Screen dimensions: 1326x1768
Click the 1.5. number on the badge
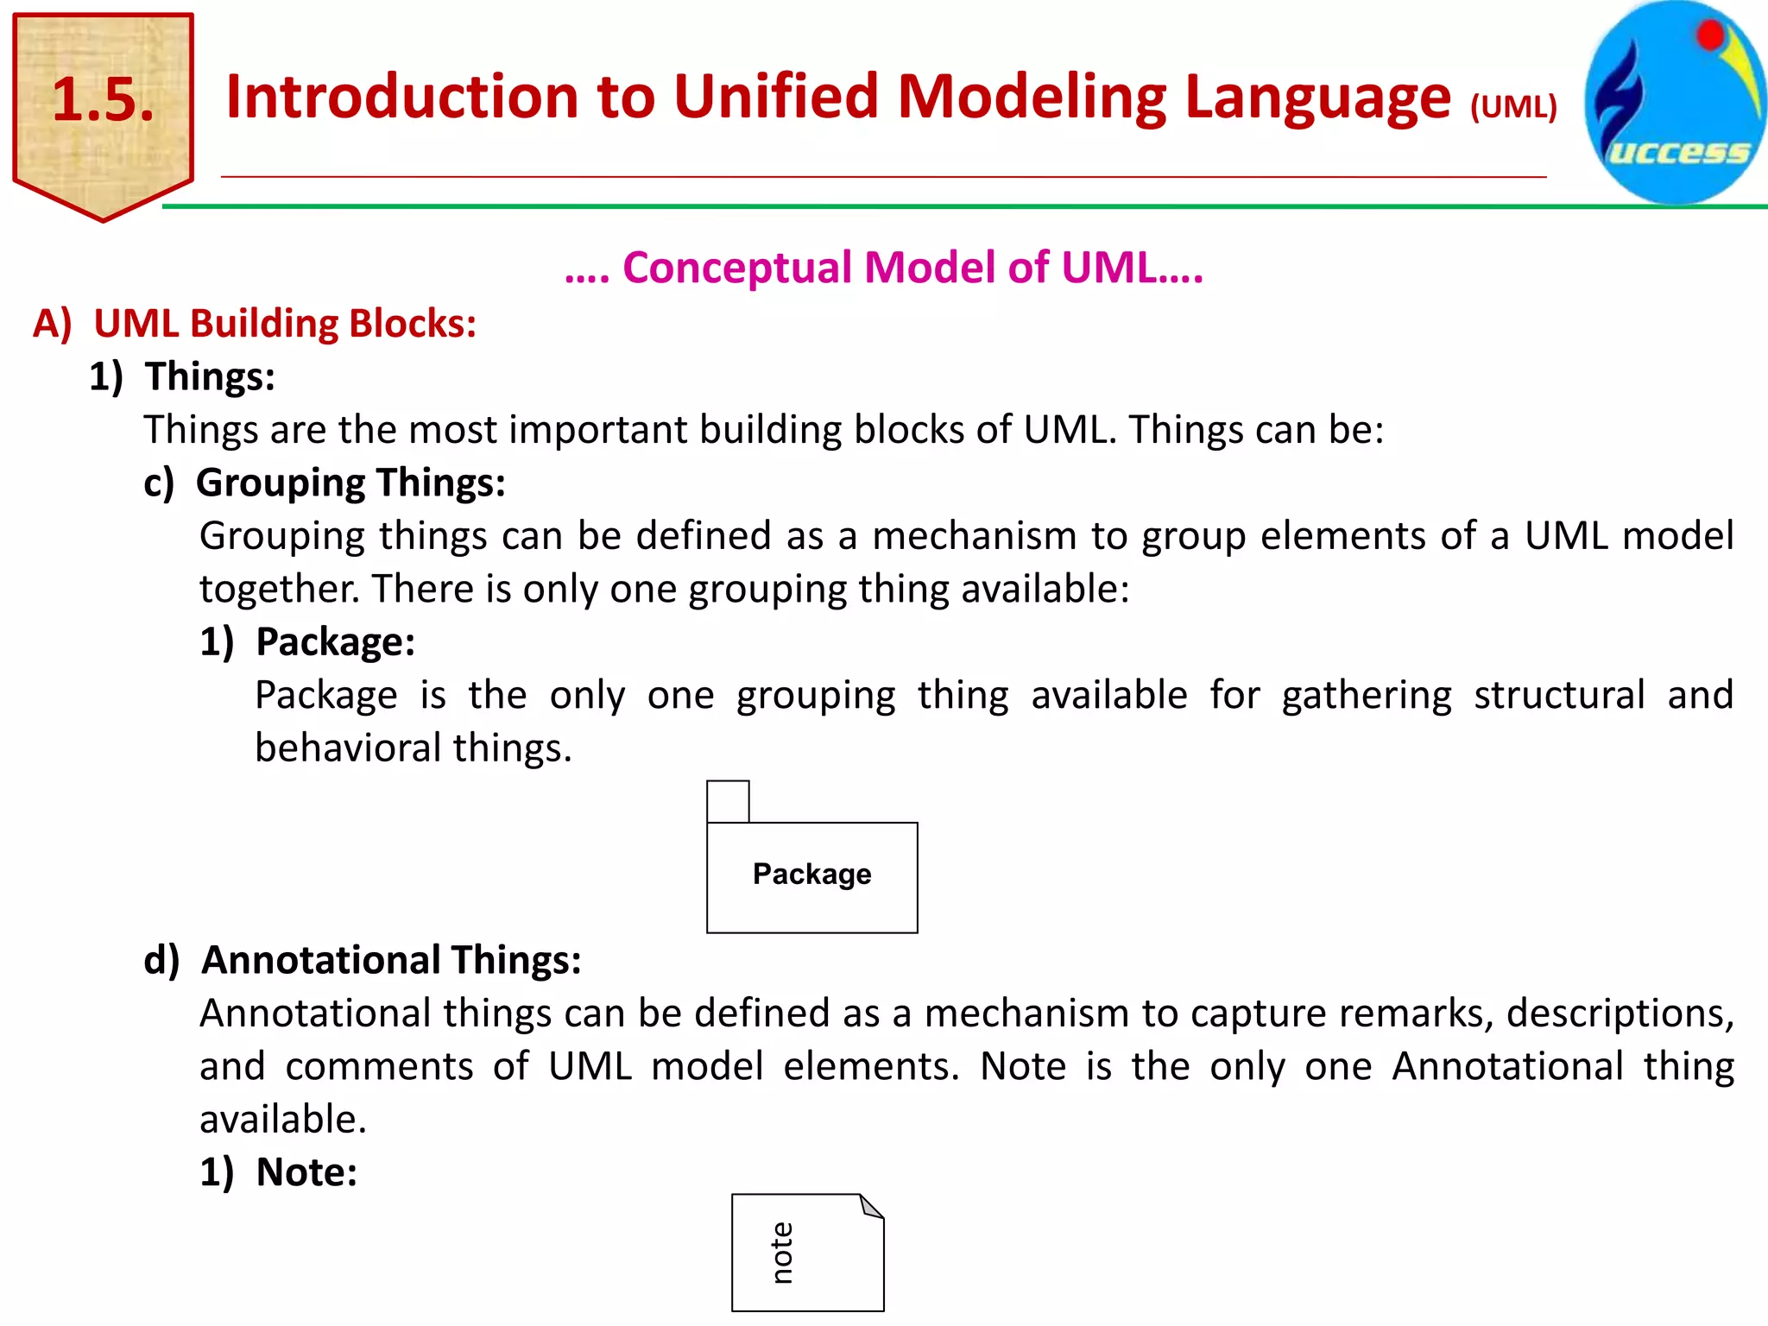click(x=103, y=99)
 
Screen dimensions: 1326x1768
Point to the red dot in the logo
click(x=1709, y=36)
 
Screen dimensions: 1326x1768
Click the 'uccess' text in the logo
click(x=1679, y=152)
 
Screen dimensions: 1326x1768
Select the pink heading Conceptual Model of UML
click(x=884, y=268)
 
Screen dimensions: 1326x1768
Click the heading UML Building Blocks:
click(x=284, y=324)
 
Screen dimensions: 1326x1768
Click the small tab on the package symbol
click(x=728, y=801)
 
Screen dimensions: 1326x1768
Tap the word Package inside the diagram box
click(x=811, y=874)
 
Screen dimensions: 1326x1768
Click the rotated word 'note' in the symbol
click(x=782, y=1253)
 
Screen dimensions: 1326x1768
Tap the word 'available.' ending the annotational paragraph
click(x=283, y=1120)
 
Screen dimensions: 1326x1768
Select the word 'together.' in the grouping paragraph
click(x=279, y=590)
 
